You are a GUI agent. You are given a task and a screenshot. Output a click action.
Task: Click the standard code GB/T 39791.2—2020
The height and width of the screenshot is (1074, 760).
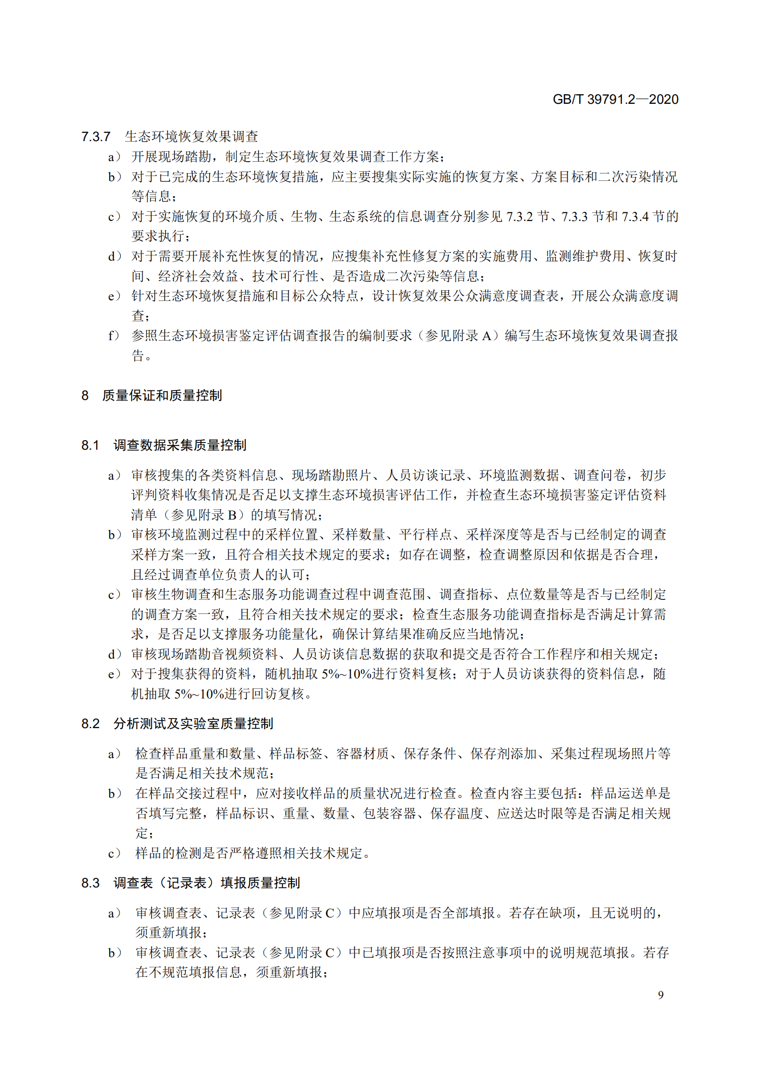[x=615, y=100]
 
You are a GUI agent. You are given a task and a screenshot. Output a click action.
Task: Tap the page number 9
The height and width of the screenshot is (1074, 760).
[x=660, y=995]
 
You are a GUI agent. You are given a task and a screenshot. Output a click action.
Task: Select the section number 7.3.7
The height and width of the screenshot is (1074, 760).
[x=96, y=137]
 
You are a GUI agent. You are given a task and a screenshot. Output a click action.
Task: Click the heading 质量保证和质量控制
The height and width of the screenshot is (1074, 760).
[x=162, y=396]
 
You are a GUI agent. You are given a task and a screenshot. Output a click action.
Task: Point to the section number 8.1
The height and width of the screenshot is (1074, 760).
[x=90, y=445]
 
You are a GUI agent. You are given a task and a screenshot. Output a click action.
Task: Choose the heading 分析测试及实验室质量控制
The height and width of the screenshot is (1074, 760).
[x=193, y=724]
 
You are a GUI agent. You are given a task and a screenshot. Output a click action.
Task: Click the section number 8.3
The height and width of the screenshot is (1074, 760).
[x=90, y=883]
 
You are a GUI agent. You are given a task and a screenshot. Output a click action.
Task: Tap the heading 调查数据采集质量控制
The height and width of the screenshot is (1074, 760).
[x=179, y=445]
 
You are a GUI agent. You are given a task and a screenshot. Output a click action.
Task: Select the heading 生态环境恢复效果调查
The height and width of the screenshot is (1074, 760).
[x=191, y=137]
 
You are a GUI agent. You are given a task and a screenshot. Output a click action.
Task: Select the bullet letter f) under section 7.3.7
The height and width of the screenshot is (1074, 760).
[x=113, y=336]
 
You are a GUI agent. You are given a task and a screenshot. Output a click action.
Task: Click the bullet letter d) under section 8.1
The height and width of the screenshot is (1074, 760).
[x=114, y=654]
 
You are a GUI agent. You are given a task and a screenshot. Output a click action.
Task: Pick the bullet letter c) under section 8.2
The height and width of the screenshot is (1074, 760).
[x=114, y=853]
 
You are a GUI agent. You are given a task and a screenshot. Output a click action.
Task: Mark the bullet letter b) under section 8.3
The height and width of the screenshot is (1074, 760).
[x=114, y=952]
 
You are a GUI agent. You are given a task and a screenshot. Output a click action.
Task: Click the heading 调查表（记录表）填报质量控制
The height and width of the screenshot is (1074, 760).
[x=206, y=883]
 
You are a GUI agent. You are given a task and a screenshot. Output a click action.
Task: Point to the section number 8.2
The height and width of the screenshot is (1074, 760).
[x=90, y=724]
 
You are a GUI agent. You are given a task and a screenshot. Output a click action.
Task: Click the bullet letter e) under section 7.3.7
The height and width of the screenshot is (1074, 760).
[x=114, y=296]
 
